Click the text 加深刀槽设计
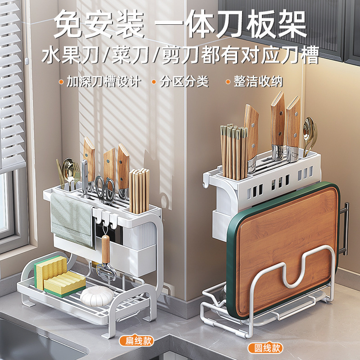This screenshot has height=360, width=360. pos(103,82)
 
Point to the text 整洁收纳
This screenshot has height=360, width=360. pos(258,82)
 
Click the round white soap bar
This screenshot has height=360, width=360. pos(98,296)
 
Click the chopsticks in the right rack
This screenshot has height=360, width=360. pos(234,151)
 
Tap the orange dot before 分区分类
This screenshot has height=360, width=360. pos(154,82)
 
